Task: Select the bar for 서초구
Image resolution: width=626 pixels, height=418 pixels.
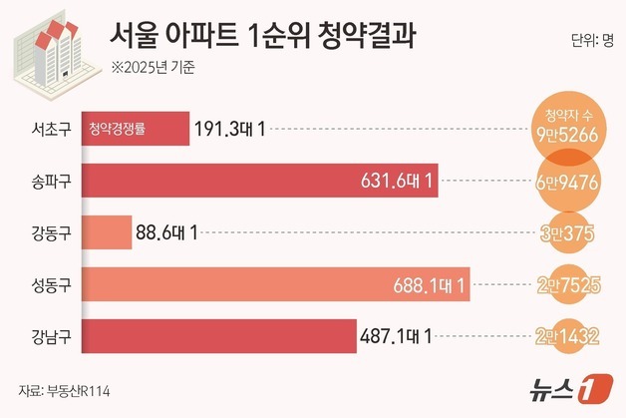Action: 136,129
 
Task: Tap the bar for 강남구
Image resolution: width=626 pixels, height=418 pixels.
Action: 219,336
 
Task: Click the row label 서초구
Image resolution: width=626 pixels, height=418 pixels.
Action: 50,129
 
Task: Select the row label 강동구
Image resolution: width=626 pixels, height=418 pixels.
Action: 50,233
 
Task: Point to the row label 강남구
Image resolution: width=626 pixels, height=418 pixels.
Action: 50,336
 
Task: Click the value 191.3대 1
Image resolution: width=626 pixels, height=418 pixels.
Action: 230,129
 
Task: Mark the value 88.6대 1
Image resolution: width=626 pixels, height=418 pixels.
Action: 166,233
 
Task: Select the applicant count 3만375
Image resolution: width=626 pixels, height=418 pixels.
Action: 566,233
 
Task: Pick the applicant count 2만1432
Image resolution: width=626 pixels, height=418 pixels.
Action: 566,337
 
